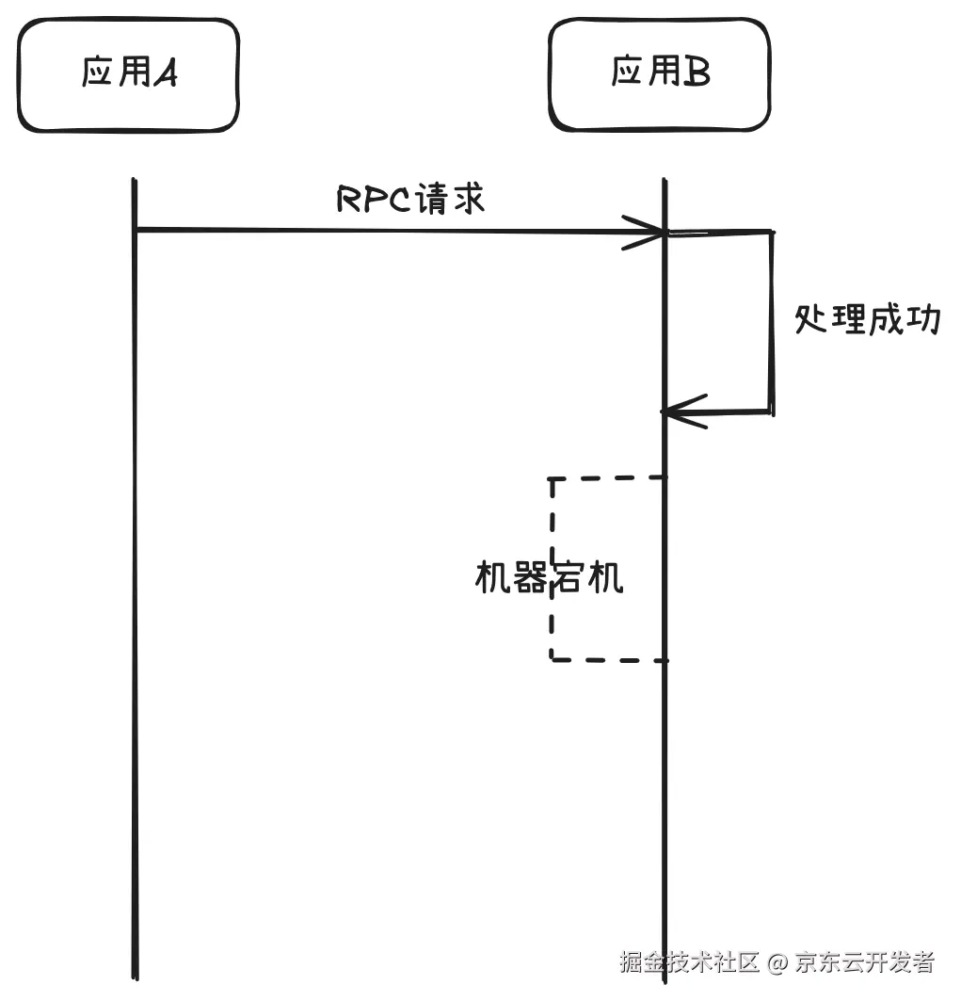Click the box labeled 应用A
129,74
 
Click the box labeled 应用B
660,74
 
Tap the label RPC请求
410,200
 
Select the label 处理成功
867,320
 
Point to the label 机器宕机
548,577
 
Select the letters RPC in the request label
370,200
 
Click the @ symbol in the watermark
777,963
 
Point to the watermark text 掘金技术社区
689,962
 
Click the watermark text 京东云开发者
864,962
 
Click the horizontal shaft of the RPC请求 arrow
376,230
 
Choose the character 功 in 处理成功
922,320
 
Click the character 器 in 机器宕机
531,577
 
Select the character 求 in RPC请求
466,200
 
